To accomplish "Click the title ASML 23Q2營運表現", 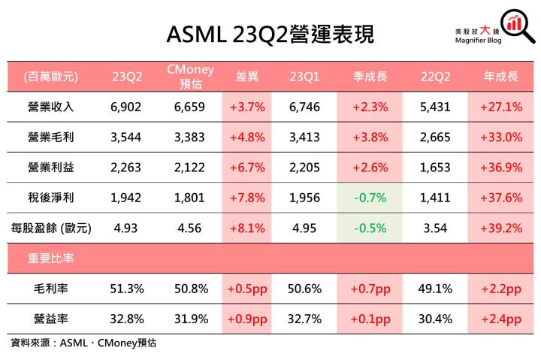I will (270, 33).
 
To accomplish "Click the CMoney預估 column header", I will (190, 76).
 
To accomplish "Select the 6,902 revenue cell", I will (125, 107).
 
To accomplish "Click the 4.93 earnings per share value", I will (125, 227).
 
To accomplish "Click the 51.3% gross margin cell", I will (125, 288).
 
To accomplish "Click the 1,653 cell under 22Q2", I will (435, 167).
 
